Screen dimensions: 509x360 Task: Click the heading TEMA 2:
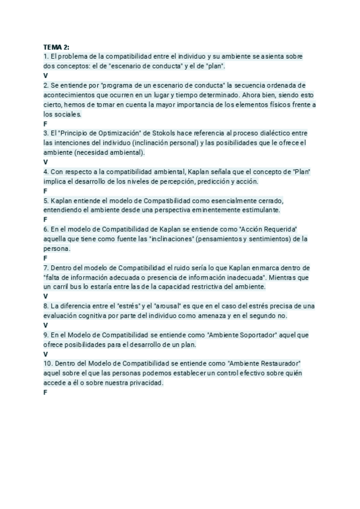point(56,47)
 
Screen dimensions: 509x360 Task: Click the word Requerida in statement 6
point(277,229)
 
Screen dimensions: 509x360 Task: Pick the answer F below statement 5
point(46,220)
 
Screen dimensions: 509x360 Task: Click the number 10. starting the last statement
point(49,363)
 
